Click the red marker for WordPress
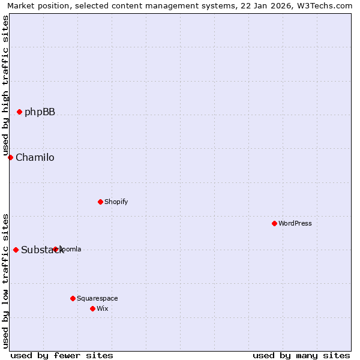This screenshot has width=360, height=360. pyautogui.click(x=274, y=223)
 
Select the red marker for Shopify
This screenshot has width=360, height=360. pyautogui.click(x=100, y=202)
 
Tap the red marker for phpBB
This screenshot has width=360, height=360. pyautogui.click(x=19, y=112)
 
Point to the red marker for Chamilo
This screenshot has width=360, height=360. pyautogui.click(x=10, y=157)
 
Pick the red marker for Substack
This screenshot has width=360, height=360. pyautogui.click(x=16, y=250)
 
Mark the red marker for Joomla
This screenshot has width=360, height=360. pyautogui.click(x=55, y=249)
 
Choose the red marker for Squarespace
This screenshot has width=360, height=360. pyautogui.click(x=73, y=298)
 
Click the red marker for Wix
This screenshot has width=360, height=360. pyautogui.click(x=92, y=308)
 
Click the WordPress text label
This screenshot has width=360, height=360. pyautogui.click(x=295, y=223)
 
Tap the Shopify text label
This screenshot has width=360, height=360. pyautogui.click(x=116, y=202)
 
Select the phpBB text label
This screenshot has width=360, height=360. pyautogui.click(x=40, y=112)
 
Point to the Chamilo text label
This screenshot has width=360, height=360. pyautogui.click(x=35, y=158)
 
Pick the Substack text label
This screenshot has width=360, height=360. pyautogui.click(x=42, y=250)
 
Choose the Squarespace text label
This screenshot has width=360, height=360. pyautogui.click(x=97, y=298)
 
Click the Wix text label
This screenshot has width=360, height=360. pyautogui.click(x=103, y=308)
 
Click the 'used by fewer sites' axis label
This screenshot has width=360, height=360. pyautogui.click(x=62, y=355)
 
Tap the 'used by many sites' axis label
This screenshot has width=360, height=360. pyautogui.click(x=301, y=355)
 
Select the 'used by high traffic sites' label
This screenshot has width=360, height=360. pyautogui.click(x=5, y=85)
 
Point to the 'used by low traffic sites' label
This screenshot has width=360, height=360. pyautogui.click(x=5, y=281)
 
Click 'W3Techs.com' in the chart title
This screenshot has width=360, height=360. pyautogui.click(x=326, y=6)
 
